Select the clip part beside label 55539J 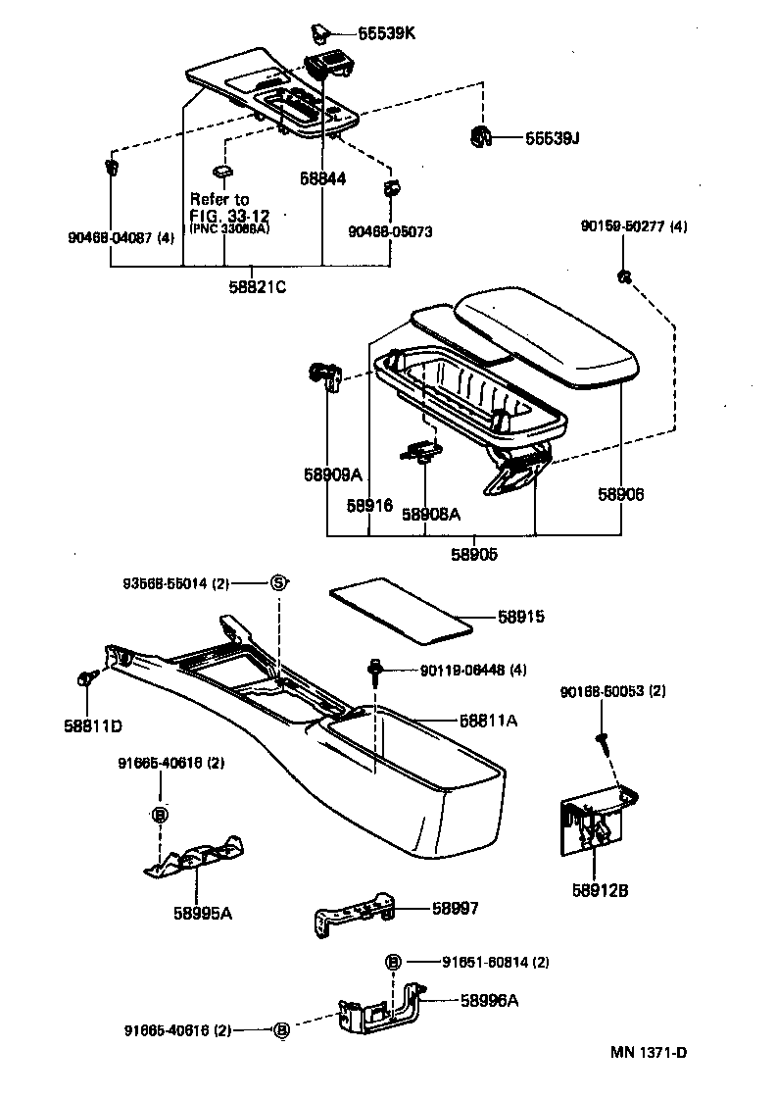click(479, 136)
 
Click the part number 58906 click(621, 495)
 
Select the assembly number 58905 click(473, 554)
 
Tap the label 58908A click(431, 513)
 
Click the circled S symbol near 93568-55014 click(279, 583)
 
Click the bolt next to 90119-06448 click(375, 670)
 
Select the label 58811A click(488, 720)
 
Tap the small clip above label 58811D click(84, 678)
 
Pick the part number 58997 click(456, 909)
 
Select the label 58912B click(600, 890)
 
